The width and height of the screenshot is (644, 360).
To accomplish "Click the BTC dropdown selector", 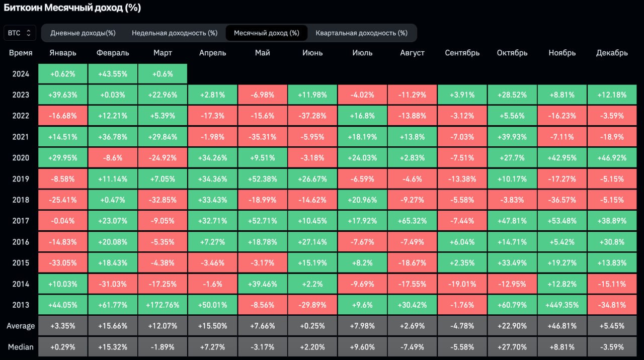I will click(20, 33).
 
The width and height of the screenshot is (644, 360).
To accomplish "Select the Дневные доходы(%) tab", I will click(83, 33).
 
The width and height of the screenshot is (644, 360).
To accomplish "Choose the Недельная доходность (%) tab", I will click(175, 33).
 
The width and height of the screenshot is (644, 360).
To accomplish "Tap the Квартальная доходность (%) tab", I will click(361, 33).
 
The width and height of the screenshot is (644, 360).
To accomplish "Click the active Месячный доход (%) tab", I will click(266, 33).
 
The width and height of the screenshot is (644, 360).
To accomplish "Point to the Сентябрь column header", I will click(462, 53).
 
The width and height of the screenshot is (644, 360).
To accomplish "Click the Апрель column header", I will click(212, 53).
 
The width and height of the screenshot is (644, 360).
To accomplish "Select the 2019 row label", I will click(21, 179).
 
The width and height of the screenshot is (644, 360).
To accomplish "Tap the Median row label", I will click(21, 347).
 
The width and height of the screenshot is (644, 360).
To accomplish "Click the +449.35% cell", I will click(562, 305).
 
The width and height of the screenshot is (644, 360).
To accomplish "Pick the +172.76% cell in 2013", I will click(163, 305).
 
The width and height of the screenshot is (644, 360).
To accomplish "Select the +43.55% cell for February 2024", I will click(112, 74).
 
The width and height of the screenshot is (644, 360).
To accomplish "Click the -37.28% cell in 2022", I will click(312, 116).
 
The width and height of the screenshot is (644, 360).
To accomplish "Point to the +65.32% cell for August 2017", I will click(412, 221).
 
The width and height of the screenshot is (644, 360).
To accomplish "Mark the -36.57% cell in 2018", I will click(562, 200).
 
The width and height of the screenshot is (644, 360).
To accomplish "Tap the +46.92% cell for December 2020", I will click(612, 158).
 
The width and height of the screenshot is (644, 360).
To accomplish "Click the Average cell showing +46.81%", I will click(562, 326).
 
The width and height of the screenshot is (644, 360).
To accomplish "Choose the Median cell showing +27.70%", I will click(512, 347).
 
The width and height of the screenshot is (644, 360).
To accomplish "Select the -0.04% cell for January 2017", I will click(62, 221).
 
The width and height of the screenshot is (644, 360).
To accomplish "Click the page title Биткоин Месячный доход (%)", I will click(72, 8).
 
